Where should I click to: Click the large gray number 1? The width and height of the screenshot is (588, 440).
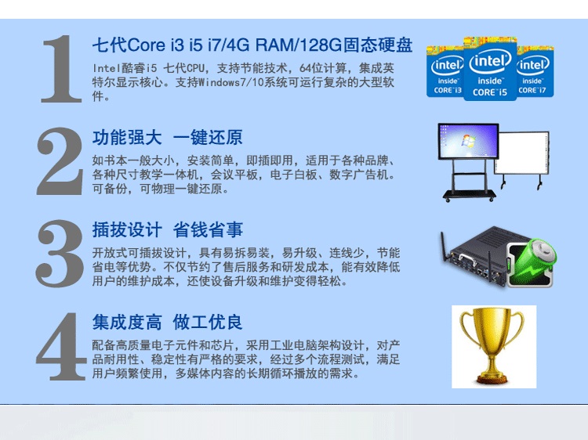point(61,69)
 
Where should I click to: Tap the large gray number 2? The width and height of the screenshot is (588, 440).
point(60,161)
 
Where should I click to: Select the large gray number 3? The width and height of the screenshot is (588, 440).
point(60,254)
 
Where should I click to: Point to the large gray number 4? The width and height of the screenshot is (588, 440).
point(61,346)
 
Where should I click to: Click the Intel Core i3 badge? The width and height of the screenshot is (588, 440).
point(445,71)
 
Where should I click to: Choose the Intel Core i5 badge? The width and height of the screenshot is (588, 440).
point(490,69)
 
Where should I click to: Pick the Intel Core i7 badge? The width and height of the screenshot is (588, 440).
point(535,71)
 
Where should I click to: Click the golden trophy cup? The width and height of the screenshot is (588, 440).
point(492,345)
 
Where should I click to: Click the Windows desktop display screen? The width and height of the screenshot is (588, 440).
point(468,142)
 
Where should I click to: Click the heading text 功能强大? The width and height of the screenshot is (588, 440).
point(127,138)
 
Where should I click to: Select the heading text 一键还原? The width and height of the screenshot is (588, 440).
point(208,138)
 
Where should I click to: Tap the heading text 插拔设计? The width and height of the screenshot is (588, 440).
point(127,230)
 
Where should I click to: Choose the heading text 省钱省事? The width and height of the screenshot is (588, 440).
point(208,230)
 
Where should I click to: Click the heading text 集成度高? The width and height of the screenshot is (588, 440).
point(127,323)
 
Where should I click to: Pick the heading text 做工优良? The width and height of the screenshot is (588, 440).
point(208,323)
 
